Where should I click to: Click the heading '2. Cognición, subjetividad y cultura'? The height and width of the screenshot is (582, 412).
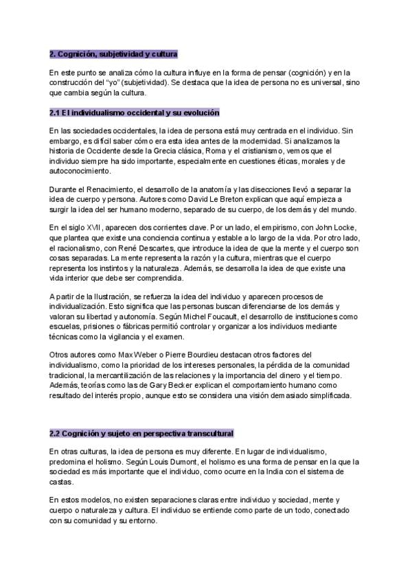click(113, 54)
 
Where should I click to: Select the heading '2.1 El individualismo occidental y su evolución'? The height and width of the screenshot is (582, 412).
click(134, 112)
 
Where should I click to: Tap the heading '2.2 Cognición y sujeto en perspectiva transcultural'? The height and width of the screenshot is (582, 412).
click(141, 433)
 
